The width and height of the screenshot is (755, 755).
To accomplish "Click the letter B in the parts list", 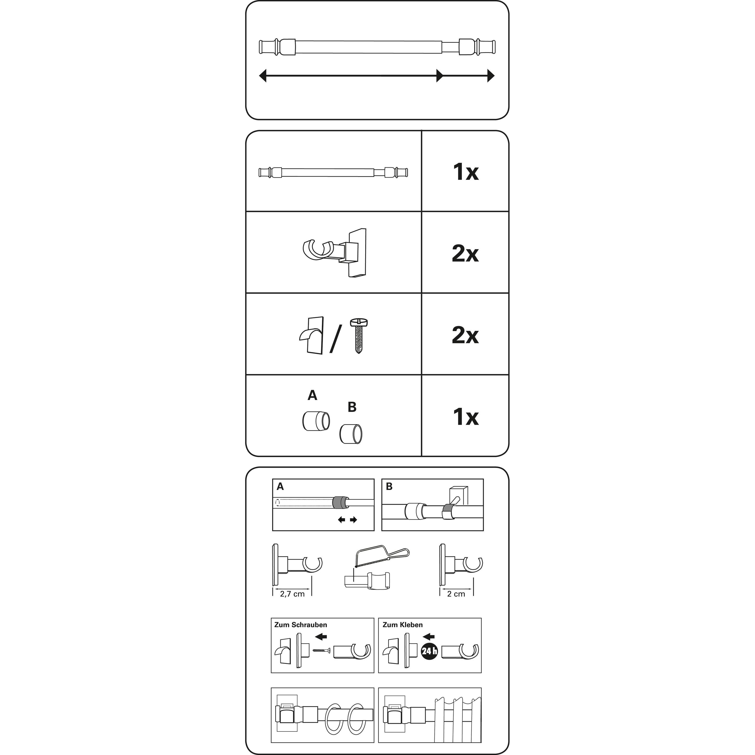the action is point(352,407).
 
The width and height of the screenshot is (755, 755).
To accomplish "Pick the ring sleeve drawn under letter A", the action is point(316,421).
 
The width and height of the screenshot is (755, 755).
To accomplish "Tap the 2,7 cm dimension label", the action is point(292,594).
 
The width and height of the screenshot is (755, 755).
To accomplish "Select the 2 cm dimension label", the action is point(456,594).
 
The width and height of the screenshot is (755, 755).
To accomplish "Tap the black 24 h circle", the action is point(429,651).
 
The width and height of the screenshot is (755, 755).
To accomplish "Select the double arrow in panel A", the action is point(347,520).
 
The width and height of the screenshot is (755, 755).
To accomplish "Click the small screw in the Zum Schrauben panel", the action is point(322,651).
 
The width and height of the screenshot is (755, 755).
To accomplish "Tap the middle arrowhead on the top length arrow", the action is point(440,75).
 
